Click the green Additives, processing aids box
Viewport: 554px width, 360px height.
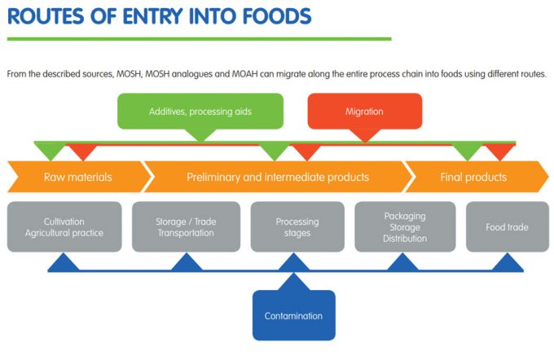(200, 112)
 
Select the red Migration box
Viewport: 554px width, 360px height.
(364, 112)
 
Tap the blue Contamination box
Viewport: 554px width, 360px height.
(293, 315)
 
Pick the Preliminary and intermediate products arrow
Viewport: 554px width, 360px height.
(277, 177)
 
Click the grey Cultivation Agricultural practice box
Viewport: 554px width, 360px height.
(64, 227)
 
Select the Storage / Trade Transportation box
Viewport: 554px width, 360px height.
(186, 227)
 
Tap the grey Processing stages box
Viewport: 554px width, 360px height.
(297, 227)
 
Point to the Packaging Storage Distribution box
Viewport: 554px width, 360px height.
(405, 227)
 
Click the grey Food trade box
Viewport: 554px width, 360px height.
(507, 227)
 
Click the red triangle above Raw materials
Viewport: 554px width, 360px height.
(81, 151)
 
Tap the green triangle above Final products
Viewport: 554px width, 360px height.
(467, 151)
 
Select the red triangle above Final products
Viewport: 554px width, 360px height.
(499, 151)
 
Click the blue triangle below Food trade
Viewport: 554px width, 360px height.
(507, 262)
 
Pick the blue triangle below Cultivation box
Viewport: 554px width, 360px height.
(64, 262)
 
